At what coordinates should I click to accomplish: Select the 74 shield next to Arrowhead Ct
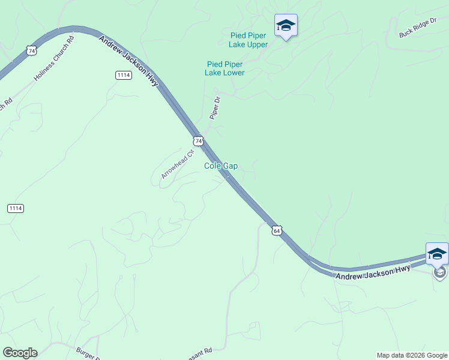pos(199,140)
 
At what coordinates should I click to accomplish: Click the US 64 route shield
pos(276,230)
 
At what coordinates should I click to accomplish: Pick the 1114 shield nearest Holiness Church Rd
pos(123,74)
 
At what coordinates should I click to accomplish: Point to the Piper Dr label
pos(215,108)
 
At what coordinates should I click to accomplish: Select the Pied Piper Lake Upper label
pos(249,40)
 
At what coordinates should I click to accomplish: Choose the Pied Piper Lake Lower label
pos(224,68)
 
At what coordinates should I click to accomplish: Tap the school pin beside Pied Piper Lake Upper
pos(286,26)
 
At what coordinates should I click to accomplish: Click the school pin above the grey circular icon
pos(437,254)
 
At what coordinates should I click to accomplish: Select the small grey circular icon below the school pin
pos(440,272)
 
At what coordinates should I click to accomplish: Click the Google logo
pos(20,353)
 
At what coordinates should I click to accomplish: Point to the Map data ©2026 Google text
pos(412,355)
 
